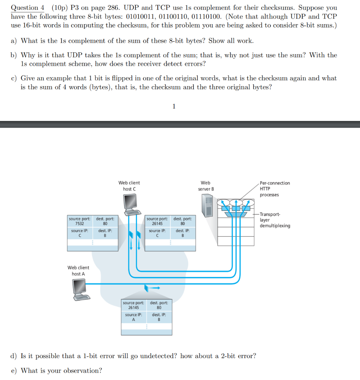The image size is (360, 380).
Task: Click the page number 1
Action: (x=174, y=107)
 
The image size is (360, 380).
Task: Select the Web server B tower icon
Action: (x=207, y=206)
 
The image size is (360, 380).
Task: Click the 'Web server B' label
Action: (x=206, y=186)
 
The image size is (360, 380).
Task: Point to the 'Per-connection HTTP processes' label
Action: (x=274, y=189)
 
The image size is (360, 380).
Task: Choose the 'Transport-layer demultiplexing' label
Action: (x=275, y=220)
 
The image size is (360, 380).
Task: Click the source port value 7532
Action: (x=79, y=224)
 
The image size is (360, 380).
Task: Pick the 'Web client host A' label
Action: (x=78, y=271)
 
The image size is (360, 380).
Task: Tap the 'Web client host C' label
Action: (x=129, y=186)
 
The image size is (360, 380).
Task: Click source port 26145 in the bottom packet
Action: (x=134, y=307)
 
